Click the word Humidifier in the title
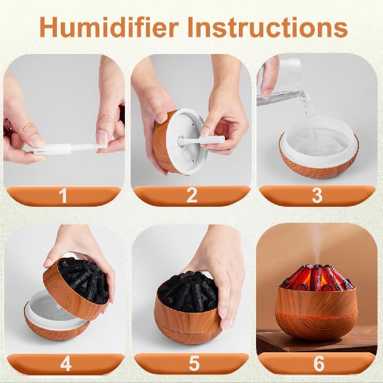(x=109, y=27)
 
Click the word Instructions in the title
(x=268, y=27)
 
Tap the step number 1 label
(x=63, y=195)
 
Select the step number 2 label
(x=192, y=195)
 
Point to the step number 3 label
(x=317, y=195)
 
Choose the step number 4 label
(x=66, y=363)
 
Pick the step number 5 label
(x=194, y=363)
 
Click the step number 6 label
(x=319, y=363)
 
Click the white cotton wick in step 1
(x=66, y=148)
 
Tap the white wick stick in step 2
(x=201, y=140)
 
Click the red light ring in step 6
(x=316, y=315)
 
